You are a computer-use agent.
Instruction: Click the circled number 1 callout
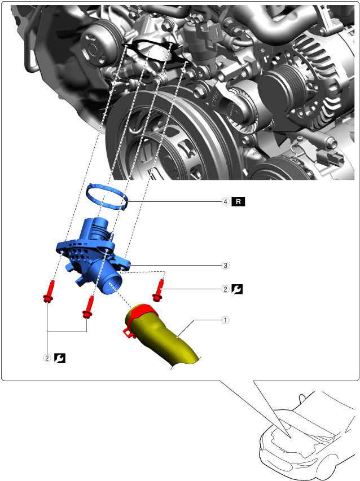pos(225,320)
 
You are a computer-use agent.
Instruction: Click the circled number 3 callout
pos(225,265)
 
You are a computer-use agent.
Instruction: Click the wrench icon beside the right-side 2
pos(238,289)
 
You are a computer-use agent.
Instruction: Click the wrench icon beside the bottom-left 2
pos(59,358)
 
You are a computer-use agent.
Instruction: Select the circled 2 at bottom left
pos(47,358)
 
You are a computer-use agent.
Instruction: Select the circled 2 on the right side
pos(225,289)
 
